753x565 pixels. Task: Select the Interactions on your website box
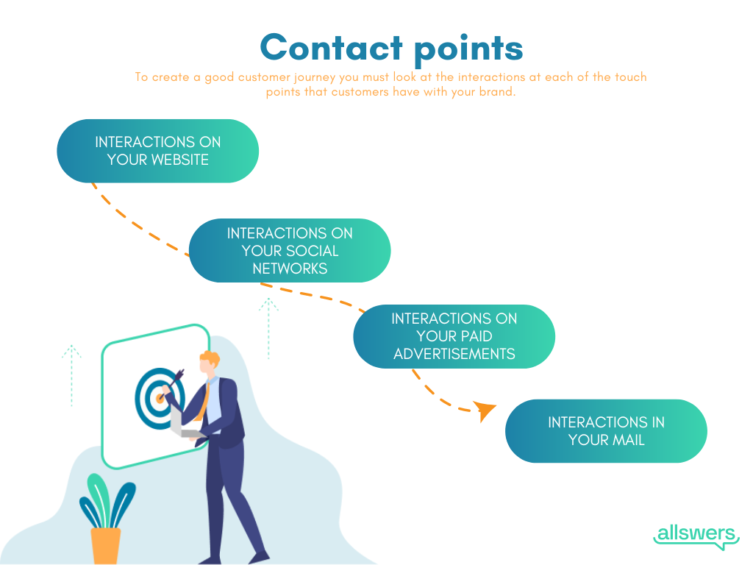(157, 151)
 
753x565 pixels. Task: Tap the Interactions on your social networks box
(290, 251)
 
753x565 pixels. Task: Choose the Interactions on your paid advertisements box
(454, 336)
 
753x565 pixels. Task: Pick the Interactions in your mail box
(606, 431)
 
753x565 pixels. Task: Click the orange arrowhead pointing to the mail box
(484, 411)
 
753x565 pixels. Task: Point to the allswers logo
(696, 535)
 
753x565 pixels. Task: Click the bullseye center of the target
(159, 398)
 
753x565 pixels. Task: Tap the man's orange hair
(210, 361)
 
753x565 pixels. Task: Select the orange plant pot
(106, 545)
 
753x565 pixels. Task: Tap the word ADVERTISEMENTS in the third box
(454, 354)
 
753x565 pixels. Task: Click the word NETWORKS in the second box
(290, 269)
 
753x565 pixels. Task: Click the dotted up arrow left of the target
(71, 374)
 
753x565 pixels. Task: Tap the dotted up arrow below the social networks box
(268, 327)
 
